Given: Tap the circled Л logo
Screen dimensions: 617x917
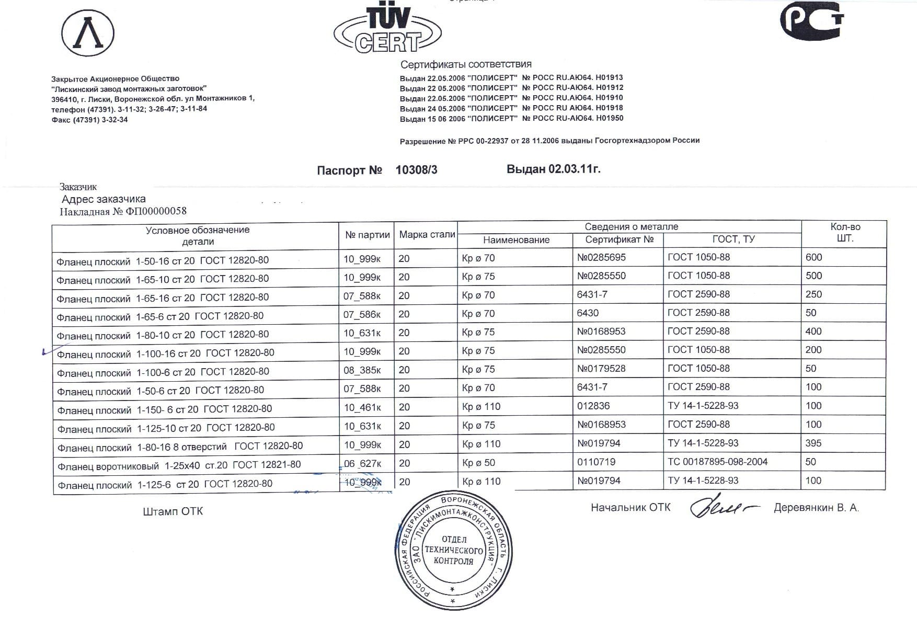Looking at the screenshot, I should point(88,33).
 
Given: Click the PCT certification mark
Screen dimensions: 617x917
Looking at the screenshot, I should point(811,21).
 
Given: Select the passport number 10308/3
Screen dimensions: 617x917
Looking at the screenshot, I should point(416,170).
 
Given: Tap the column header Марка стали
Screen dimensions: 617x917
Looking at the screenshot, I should point(427,235).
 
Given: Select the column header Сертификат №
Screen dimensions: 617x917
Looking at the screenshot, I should point(619,239).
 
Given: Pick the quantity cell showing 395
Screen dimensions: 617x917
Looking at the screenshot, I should point(813,443).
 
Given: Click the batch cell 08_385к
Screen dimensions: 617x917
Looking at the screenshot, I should point(362,370).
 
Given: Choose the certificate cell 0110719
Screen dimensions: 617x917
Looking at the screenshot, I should point(596,462).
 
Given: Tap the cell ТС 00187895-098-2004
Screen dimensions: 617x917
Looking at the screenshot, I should point(717,462).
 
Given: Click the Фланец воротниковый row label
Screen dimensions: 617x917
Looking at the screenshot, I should point(179,465).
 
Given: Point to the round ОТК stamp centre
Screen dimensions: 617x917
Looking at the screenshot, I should point(453,550).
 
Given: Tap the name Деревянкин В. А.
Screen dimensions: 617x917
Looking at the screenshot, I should point(816,508).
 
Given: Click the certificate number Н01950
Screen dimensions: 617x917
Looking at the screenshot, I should point(609,118).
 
